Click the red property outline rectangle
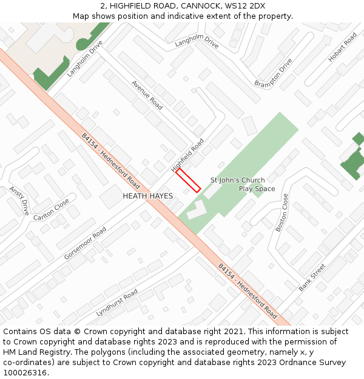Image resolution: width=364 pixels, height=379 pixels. [x=188, y=181]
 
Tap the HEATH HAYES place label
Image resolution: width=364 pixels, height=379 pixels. [x=148, y=196]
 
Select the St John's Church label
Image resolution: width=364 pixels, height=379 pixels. [x=237, y=180]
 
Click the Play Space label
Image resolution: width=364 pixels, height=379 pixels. [x=257, y=189]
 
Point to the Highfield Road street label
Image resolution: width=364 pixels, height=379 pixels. [x=187, y=155]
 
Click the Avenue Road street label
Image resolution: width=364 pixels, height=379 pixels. [x=147, y=95]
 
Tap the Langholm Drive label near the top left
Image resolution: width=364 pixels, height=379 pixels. [x=85, y=59]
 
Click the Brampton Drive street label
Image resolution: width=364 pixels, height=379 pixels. [x=274, y=73]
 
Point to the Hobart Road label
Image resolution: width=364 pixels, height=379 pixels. [x=343, y=47]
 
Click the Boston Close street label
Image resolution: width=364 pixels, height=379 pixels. [x=282, y=213]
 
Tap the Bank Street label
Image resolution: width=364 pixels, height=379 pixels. [x=312, y=277]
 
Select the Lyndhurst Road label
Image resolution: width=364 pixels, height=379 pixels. [x=116, y=303]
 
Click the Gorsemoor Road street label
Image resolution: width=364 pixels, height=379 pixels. [x=85, y=244]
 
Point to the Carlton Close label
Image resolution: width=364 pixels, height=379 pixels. [x=51, y=209]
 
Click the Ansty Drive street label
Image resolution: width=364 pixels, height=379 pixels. [x=19, y=201]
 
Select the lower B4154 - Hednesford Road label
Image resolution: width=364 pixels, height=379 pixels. [x=247, y=291]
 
